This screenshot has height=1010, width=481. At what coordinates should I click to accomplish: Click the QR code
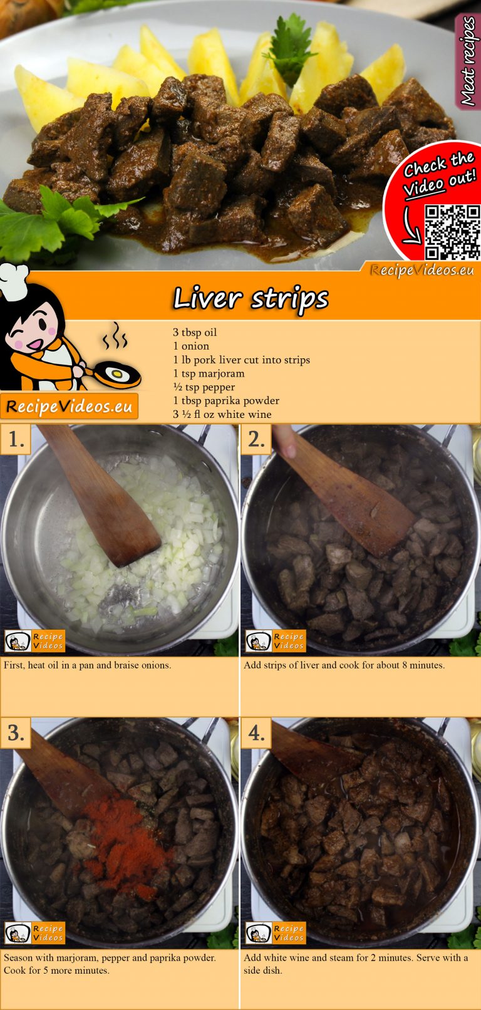(452, 231)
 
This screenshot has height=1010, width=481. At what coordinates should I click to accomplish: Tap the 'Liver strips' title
(251, 298)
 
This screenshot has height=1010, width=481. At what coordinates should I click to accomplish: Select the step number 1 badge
(16, 439)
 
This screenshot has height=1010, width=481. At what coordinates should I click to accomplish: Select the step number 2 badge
(256, 439)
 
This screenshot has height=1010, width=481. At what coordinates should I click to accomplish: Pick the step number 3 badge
(16, 732)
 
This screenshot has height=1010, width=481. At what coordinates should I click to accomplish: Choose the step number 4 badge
(256, 732)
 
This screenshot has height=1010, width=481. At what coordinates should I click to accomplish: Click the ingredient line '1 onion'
(191, 346)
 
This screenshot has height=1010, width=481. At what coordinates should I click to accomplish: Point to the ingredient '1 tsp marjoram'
(209, 373)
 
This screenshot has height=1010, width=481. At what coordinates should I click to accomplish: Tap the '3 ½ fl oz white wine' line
(222, 414)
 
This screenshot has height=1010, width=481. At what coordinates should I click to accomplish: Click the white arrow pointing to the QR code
(411, 226)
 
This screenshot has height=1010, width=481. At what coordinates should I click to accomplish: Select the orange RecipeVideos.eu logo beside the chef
(69, 407)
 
